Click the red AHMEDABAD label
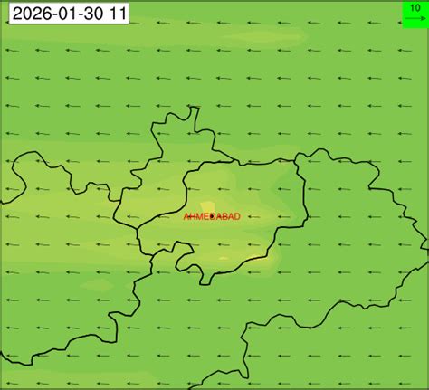212,217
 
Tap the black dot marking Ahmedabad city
212,217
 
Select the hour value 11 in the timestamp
117,14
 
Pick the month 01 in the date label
63,14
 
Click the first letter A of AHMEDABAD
186,217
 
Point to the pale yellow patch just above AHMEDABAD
208,206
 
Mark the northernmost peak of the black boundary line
193,107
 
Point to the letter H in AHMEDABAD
193,217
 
